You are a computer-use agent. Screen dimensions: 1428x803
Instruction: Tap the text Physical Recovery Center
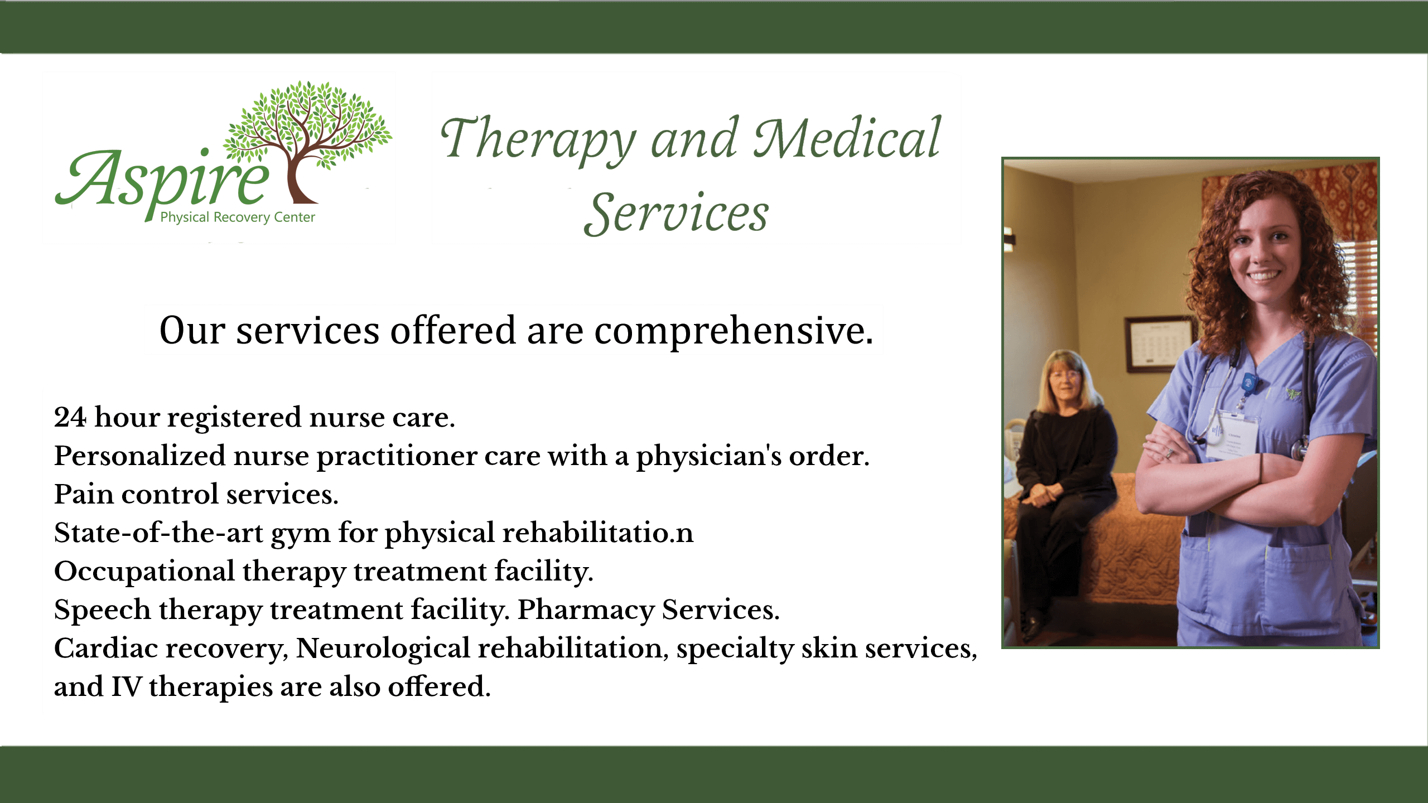(238, 217)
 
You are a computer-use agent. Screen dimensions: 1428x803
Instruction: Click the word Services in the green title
(676, 213)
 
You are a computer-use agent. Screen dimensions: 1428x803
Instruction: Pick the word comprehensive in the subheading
(734, 331)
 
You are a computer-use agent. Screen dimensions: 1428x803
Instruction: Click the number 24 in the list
(70, 417)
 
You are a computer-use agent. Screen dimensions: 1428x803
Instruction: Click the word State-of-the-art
(158, 533)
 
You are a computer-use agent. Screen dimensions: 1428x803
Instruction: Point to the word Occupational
(144, 572)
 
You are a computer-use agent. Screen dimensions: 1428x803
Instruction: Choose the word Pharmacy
(586, 610)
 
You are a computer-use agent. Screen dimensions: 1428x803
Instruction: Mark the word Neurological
(383, 649)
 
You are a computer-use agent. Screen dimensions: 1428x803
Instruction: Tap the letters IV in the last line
(126, 686)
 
